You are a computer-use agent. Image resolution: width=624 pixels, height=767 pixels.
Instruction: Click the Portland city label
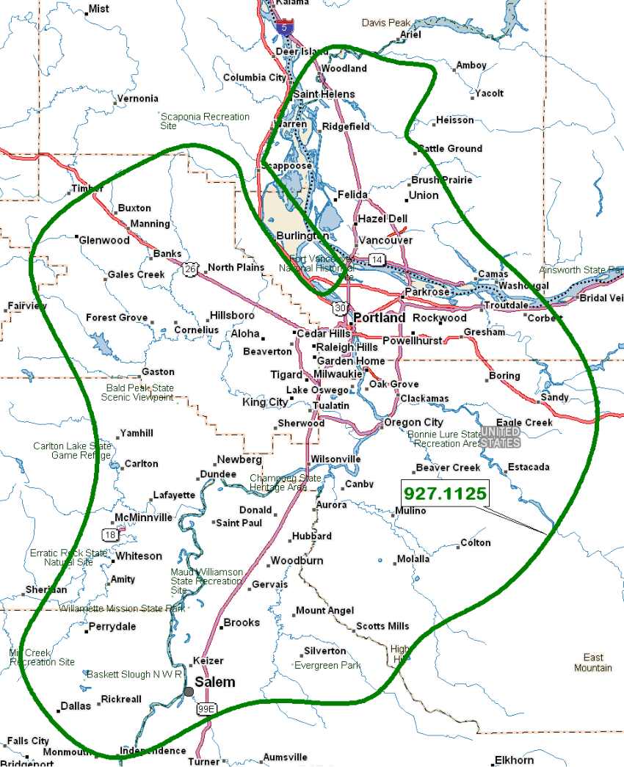(x=379, y=319)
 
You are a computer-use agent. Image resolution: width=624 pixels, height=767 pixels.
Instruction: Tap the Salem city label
(x=214, y=682)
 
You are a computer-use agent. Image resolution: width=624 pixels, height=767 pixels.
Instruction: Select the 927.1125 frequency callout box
(x=445, y=494)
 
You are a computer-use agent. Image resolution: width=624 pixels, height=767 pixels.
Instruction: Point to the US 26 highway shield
(x=191, y=269)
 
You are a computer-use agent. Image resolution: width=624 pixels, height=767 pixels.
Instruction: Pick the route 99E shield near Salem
(x=206, y=709)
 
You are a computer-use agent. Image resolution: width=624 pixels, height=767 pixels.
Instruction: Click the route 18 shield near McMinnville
(x=109, y=535)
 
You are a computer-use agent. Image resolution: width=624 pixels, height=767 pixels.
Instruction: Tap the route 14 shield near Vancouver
(x=377, y=260)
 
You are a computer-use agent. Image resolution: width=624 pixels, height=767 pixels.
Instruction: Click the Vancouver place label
(x=385, y=240)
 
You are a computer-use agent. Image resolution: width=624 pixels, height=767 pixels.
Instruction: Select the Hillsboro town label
(x=232, y=315)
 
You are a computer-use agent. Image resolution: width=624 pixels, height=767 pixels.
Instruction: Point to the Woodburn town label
(x=297, y=561)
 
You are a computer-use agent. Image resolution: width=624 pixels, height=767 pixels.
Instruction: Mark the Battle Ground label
(x=450, y=148)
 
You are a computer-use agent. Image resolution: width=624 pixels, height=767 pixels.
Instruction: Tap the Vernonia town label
(x=137, y=98)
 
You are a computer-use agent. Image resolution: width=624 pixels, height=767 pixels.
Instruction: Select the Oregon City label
(x=414, y=422)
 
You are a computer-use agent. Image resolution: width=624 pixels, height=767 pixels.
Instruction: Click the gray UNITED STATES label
(x=501, y=437)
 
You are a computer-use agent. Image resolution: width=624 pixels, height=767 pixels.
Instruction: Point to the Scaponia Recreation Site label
(x=205, y=121)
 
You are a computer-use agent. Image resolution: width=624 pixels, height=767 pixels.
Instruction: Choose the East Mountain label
(x=593, y=662)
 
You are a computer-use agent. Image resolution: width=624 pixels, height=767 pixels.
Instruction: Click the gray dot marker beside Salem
(x=189, y=691)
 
